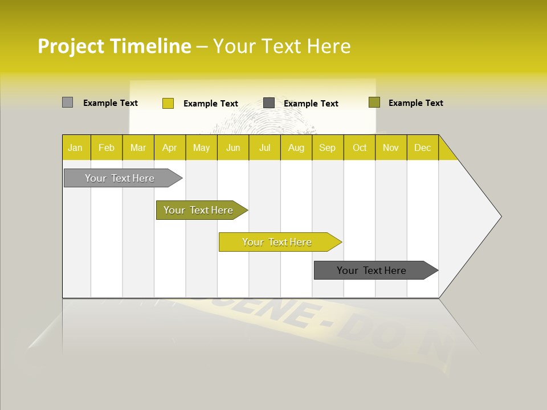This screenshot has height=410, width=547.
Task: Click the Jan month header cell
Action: [76, 147]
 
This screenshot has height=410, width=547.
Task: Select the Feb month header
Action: [107, 147]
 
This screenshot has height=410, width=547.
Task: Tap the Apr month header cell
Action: [170, 147]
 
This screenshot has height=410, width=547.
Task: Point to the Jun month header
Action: [233, 147]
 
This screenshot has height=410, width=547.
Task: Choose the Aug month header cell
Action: [296, 147]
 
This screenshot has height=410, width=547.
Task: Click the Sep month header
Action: [328, 147]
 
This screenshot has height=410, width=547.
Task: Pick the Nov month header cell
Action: [391, 147]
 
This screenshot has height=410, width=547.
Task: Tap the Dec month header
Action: [423, 147]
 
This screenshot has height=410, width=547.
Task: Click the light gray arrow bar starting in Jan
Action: [120, 178]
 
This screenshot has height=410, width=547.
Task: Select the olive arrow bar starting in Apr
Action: [199, 210]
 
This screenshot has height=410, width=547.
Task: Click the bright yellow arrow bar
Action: [277, 242]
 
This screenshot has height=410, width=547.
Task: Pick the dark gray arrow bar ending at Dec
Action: [372, 270]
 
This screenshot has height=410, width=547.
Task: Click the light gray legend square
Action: [67, 102]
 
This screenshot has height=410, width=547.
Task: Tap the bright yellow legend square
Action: [168, 103]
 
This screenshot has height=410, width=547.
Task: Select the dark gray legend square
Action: [269, 103]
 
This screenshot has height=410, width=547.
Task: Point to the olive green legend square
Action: [374, 102]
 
